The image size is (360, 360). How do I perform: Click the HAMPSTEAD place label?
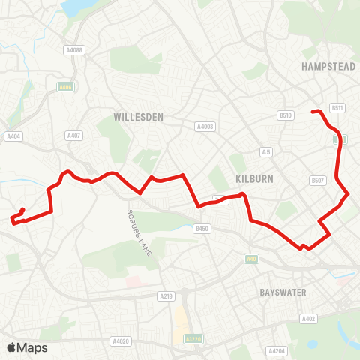(x=328, y=66)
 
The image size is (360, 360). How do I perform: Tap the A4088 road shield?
(x=73, y=50)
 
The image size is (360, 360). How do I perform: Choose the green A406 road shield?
(x=65, y=87)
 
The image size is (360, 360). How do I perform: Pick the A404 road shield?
(x=13, y=136)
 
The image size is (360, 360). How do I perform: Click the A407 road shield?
(x=73, y=136)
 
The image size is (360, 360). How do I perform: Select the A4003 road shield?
(x=205, y=127)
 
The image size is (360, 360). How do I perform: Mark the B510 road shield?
(x=286, y=115)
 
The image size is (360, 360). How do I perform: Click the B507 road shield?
(x=318, y=181)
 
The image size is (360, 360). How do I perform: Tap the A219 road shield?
(x=167, y=297)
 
